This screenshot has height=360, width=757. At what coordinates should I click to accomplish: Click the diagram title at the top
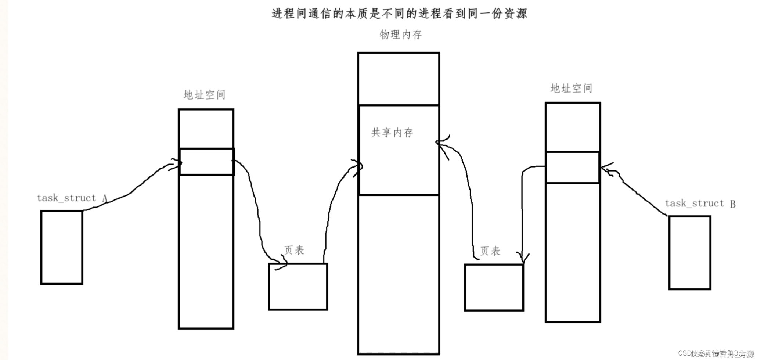399,14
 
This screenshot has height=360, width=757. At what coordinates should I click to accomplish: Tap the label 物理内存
400,35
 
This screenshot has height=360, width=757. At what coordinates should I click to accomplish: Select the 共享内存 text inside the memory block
392,132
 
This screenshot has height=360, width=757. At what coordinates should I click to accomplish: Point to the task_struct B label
700,204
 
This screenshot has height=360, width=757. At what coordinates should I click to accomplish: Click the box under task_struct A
62,247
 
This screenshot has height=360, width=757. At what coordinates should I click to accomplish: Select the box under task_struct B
690,253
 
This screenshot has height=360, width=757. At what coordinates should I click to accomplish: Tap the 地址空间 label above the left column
204,95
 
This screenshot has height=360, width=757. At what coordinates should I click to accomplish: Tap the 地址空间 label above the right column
571,89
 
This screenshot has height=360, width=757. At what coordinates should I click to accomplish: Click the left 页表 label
294,251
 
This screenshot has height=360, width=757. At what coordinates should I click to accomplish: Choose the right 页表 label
490,251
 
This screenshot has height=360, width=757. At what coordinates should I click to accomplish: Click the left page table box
298,287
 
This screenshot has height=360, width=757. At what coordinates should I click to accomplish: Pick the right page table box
494,287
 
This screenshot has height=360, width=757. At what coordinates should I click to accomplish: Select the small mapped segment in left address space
206,162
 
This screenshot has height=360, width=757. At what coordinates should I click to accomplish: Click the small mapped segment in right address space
573,168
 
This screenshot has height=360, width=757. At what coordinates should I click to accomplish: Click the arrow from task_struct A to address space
132,191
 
